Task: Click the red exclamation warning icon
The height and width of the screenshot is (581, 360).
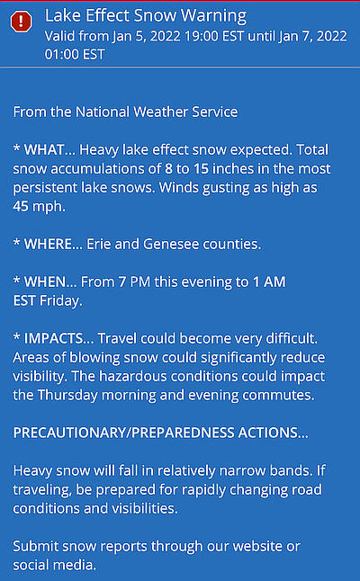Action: click(x=21, y=21)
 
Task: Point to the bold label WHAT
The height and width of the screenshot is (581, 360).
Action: click(x=44, y=150)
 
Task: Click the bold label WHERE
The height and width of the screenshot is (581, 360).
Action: click(x=48, y=245)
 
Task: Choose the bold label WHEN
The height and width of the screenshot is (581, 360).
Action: click(x=45, y=282)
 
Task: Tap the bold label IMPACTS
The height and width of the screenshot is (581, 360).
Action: click(x=53, y=339)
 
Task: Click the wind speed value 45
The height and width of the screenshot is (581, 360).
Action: click(x=21, y=206)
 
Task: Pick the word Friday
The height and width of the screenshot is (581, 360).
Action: click(x=61, y=301)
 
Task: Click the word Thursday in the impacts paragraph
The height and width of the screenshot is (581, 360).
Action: click(x=67, y=395)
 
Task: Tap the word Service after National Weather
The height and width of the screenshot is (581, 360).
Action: click(x=215, y=112)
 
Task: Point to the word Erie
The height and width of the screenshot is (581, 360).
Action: click(x=99, y=245)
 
